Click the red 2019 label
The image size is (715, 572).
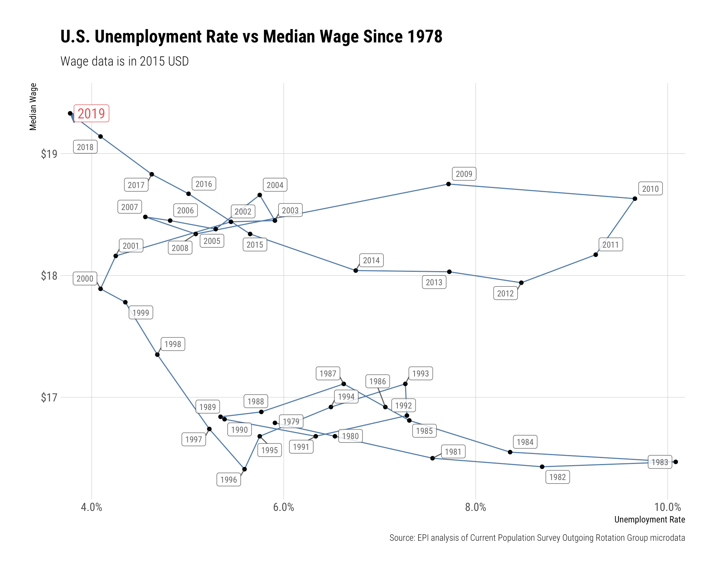[91, 114]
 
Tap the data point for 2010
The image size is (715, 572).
[635, 199]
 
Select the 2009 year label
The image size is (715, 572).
[464, 174]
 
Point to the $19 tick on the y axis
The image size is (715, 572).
[49, 154]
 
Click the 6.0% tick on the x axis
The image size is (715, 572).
[283, 507]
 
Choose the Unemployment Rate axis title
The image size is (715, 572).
[649, 519]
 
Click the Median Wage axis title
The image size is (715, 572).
[33, 107]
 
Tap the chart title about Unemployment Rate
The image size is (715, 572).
[251, 37]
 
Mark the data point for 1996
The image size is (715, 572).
[244, 469]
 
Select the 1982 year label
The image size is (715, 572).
[557, 477]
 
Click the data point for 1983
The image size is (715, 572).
[676, 462]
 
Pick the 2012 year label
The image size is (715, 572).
[505, 293]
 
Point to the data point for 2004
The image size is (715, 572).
[260, 195]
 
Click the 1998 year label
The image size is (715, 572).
[173, 344]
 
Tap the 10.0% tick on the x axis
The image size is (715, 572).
[667, 507]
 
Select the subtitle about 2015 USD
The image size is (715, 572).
[124, 61]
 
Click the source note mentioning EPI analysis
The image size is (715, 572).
[537, 538]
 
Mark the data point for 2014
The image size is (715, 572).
[356, 270]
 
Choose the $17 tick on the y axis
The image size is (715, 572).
[49, 398]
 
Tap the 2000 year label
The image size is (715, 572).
[85, 279]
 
